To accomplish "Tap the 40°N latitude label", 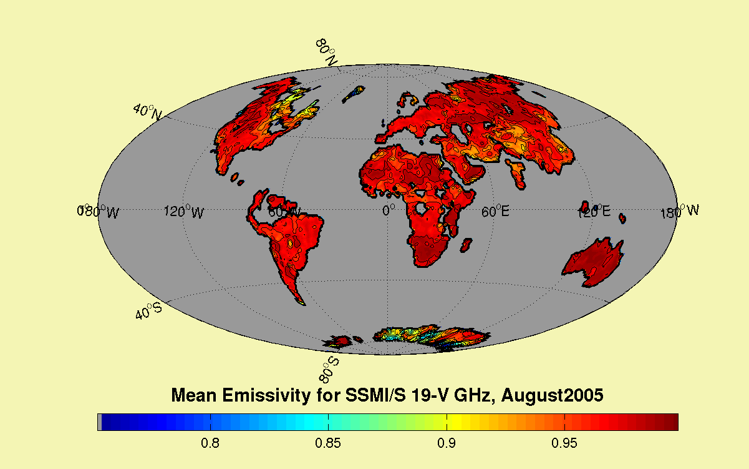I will tap(148, 111).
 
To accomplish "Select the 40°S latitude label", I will tap(150, 310).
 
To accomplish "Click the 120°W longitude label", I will tap(183, 212).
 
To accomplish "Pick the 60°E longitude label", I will tap(495, 212).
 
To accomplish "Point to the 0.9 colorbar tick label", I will tap(446, 444).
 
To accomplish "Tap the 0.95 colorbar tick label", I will tap(564, 444).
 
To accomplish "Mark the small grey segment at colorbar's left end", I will tap(100, 422).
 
